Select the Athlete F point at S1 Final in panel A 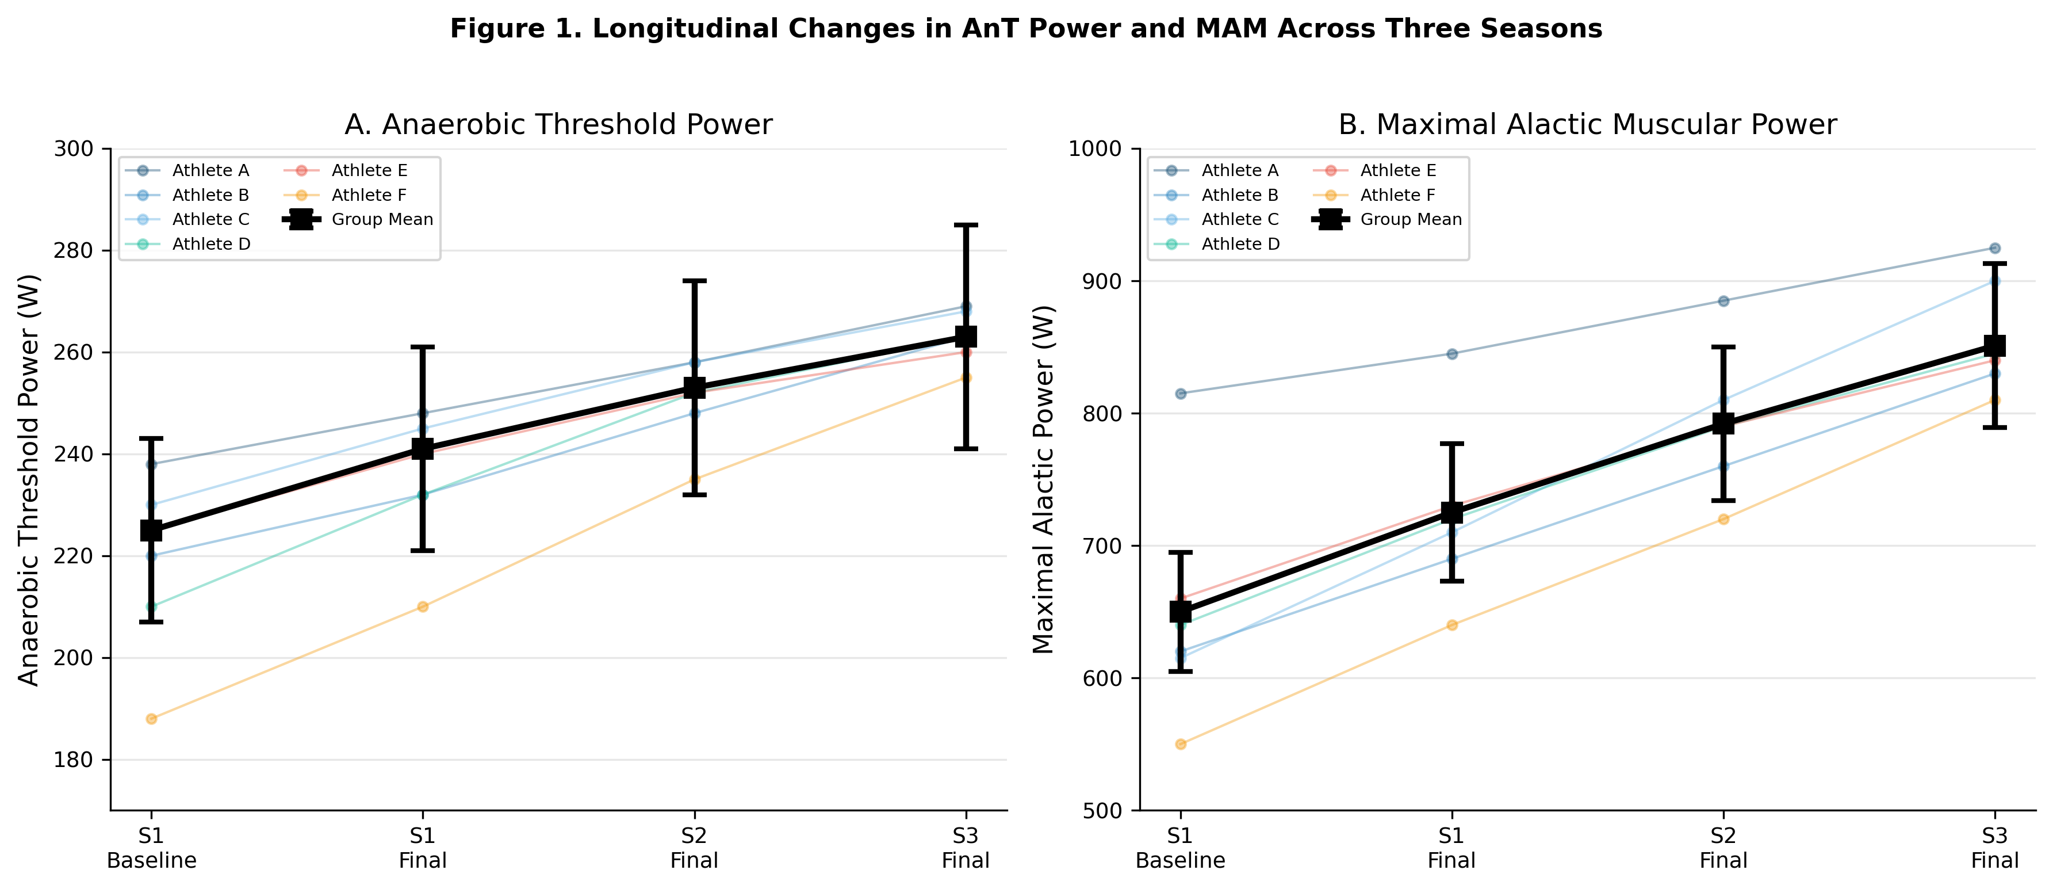pos(423,606)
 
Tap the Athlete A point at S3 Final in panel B pos(1995,248)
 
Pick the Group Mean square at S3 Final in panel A pos(966,337)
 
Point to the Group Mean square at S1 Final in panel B pos(1452,512)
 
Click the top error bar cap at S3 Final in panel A pos(966,226)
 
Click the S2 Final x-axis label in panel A pos(694,848)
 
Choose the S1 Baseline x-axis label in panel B pos(1180,848)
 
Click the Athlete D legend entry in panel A pos(211,244)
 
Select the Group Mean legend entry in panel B pos(1411,219)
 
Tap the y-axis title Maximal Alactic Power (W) pos(1044,478)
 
